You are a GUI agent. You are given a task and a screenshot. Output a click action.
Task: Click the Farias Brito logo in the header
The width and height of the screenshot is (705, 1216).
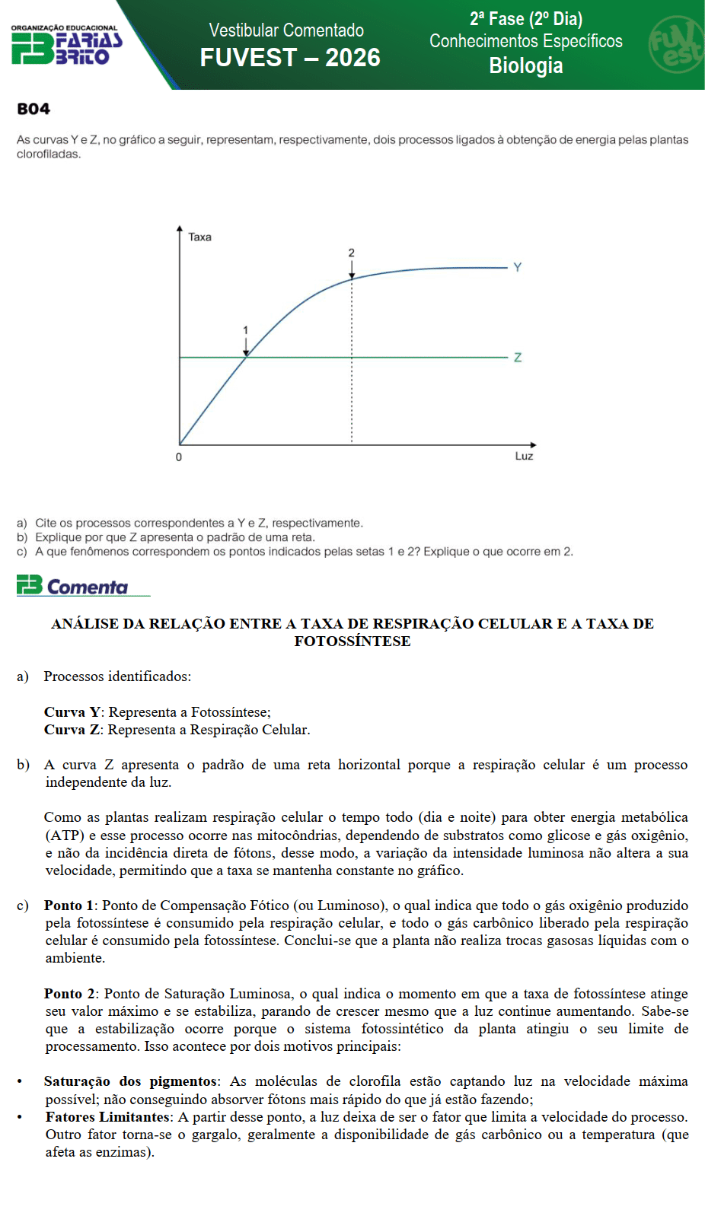click(66, 46)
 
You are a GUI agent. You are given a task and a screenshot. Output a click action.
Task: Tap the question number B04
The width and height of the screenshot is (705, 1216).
click(33, 109)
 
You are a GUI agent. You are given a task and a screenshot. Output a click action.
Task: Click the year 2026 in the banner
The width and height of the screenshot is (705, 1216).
click(352, 58)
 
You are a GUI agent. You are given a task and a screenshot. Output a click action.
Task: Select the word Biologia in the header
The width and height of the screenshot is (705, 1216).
click(525, 66)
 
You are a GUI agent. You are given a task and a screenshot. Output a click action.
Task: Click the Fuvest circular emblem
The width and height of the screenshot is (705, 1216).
click(675, 44)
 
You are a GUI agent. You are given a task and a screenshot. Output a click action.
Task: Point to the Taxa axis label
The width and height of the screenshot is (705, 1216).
click(199, 237)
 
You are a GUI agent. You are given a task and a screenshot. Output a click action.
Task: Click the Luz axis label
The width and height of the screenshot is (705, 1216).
click(524, 456)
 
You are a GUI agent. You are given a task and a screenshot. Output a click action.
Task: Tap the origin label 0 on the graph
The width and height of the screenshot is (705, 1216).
click(179, 457)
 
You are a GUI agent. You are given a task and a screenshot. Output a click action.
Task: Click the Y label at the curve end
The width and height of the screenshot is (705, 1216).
click(518, 267)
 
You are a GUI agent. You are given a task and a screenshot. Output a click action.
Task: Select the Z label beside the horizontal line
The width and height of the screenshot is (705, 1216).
click(518, 358)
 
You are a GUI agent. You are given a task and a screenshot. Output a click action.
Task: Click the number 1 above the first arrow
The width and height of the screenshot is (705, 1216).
click(245, 330)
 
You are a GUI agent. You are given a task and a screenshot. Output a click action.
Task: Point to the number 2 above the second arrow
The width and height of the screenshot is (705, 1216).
click(351, 253)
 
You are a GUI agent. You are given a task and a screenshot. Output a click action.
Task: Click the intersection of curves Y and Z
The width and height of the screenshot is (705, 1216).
click(246, 357)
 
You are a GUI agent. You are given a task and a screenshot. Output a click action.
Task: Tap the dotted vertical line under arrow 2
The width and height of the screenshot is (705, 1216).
click(352, 365)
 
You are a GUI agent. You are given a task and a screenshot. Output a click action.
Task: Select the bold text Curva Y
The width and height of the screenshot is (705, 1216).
click(72, 712)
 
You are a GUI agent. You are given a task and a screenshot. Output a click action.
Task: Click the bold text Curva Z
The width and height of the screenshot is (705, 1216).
click(72, 730)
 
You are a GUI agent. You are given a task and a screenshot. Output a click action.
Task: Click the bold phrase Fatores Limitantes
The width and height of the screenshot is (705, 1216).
click(107, 1117)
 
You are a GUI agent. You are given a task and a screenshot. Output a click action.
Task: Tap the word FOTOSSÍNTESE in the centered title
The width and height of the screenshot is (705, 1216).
click(352, 641)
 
